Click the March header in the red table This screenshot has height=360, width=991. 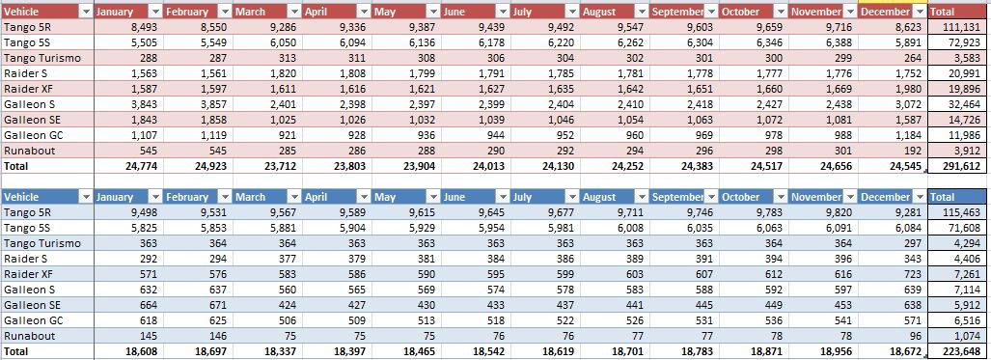(x=251, y=12)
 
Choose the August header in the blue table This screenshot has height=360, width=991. (x=599, y=197)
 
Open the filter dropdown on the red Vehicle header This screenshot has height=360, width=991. (x=86, y=12)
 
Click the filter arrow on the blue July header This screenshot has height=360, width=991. (x=571, y=197)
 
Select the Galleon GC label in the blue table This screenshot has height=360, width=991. (x=33, y=320)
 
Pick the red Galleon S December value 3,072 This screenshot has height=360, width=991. (x=909, y=104)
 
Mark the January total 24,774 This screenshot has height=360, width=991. (x=140, y=166)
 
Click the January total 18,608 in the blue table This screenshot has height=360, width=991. (x=140, y=351)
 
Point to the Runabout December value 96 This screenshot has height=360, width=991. (x=917, y=335)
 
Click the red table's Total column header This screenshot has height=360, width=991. (x=943, y=12)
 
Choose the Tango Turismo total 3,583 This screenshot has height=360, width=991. (x=970, y=58)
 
